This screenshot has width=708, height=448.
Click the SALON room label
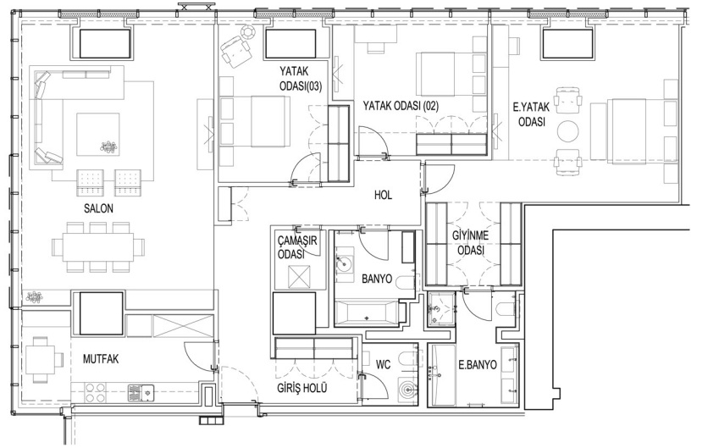click(98, 208)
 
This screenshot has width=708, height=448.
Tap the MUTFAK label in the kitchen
click(101, 359)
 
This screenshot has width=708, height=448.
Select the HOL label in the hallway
click(383, 195)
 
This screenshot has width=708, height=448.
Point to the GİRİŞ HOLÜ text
click(302, 388)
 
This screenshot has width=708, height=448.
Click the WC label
click(384, 364)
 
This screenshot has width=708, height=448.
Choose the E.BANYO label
click(478, 365)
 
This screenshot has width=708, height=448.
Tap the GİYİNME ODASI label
click(471, 243)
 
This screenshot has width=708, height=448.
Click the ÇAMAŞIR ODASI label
click(297, 247)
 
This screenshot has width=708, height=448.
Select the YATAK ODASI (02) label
click(401, 106)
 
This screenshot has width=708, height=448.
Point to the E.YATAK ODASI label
click(532, 114)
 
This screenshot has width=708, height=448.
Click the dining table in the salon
click(98, 247)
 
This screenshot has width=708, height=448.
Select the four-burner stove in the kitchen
click(95, 392)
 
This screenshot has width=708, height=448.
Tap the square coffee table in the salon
click(98, 135)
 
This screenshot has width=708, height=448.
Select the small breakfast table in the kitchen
click(40, 359)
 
